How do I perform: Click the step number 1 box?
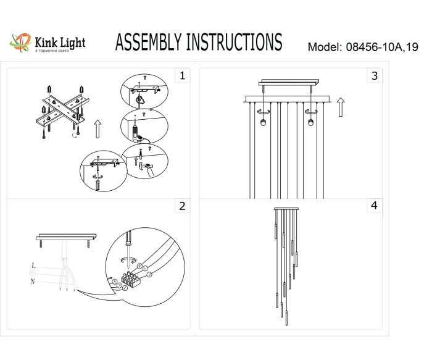181,76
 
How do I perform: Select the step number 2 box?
181,206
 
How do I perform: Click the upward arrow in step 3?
340,107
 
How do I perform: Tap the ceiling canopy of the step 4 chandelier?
286,209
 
